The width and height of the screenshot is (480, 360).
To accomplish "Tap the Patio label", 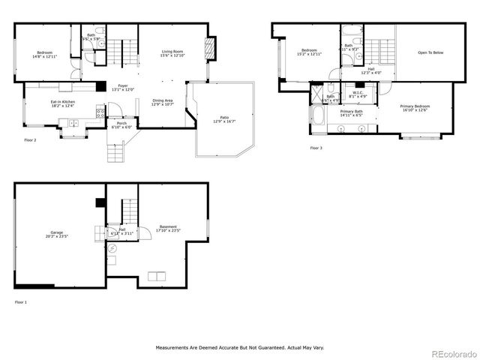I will [x=224, y=118].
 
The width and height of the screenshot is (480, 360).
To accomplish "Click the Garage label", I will [x=57, y=234].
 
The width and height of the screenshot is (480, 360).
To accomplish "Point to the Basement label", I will [x=168, y=229].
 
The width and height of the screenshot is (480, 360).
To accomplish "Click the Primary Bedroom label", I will [x=415, y=107].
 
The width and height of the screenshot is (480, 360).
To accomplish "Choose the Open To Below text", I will [x=430, y=52].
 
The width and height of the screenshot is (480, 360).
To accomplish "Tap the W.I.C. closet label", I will [x=358, y=94].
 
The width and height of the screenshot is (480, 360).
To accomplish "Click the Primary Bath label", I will [x=351, y=113].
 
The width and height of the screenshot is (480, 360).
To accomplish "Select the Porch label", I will [x=121, y=125].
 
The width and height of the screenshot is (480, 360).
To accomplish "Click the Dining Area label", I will [x=163, y=102].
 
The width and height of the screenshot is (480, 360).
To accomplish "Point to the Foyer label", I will [x=122, y=87].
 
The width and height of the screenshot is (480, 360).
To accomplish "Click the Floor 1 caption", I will [x=20, y=302].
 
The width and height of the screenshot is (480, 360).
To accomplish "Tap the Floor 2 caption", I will [x=30, y=139].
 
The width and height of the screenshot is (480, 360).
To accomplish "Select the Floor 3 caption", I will [x=316, y=148].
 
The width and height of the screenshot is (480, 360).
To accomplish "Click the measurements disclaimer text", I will [x=240, y=348].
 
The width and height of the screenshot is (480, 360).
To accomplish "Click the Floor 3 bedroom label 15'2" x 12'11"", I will [x=309, y=53].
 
